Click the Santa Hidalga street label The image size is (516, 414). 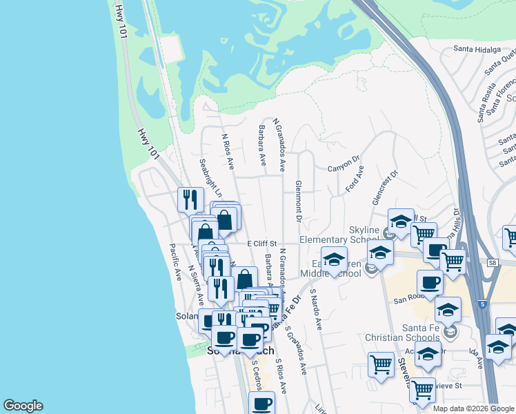click(x=476, y=49)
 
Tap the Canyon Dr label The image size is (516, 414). click(x=344, y=168)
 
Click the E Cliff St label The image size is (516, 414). click(x=261, y=244)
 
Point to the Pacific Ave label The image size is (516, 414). click(x=176, y=263)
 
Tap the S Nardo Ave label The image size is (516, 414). click(x=316, y=308)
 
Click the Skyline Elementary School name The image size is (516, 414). click(x=339, y=235)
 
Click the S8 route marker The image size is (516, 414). click(x=492, y=263)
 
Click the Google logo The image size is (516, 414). click(x=23, y=406)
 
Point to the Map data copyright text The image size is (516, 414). click(x=473, y=408)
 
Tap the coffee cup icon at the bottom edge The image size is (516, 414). click(x=261, y=404)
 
